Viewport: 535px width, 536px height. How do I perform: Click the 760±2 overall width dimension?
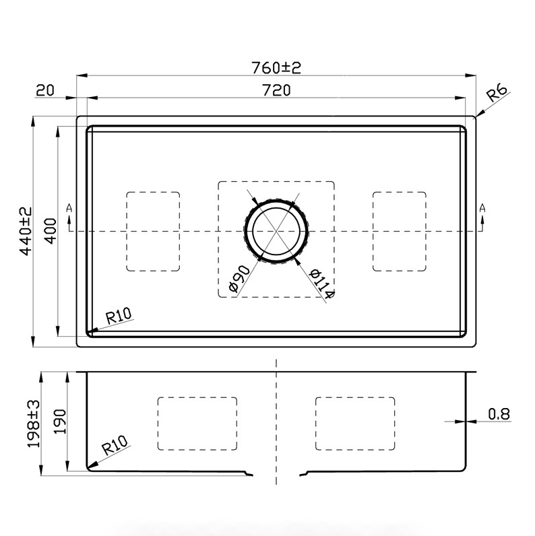(275, 68)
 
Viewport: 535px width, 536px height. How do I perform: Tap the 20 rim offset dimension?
(45, 90)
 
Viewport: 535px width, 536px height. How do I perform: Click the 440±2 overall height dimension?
(26, 231)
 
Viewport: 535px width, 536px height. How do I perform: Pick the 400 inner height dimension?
(49, 231)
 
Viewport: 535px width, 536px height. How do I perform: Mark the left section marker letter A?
(69, 209)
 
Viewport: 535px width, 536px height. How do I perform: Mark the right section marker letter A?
(482, 209)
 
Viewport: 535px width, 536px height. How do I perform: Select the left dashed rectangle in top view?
(154, 231)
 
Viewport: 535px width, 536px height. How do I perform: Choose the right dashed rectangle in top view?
(399, 231)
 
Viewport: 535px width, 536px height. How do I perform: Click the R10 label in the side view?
(114, 446)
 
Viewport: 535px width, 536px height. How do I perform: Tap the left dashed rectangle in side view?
(197, 423)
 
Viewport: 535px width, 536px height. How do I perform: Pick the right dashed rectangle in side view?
(355, 423)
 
